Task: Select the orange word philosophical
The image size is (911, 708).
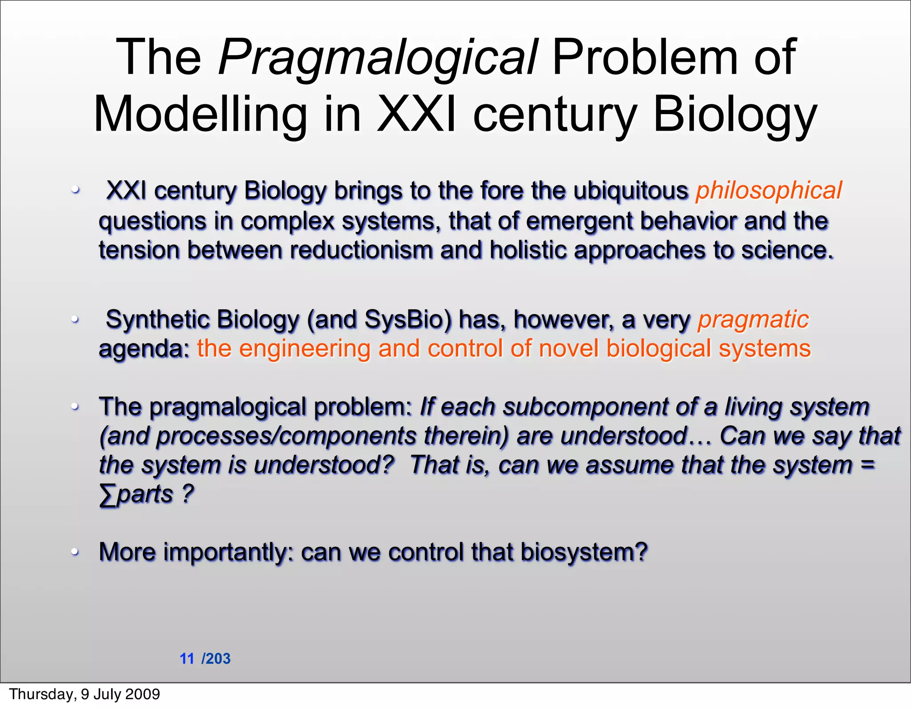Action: tap(769, 191)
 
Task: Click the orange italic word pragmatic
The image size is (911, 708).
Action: tap(753, 320)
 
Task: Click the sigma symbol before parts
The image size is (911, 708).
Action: tap(107, 495)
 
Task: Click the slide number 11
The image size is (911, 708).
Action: tap(187, 659)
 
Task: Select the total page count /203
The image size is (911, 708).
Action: tap(216, 659)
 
